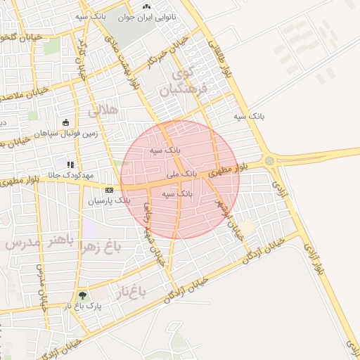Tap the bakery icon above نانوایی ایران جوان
(146, 6)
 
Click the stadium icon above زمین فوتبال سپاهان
(65, 122)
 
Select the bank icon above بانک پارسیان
(109, 190)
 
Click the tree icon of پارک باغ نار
(83, 296)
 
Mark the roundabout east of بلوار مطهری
(269, 161)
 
